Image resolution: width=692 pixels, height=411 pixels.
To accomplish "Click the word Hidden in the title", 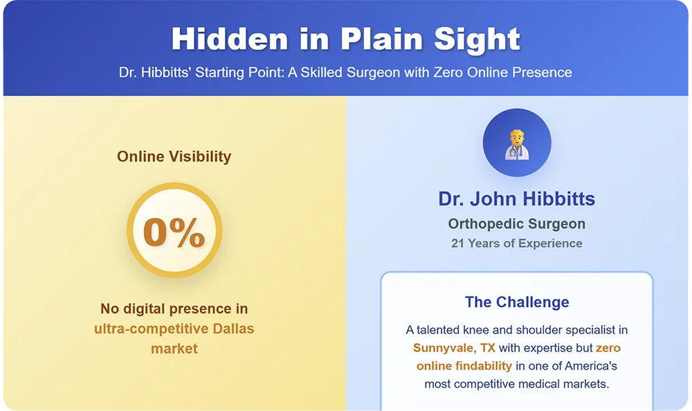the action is [230, 39].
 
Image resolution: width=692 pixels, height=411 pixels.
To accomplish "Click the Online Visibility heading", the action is [174, 156].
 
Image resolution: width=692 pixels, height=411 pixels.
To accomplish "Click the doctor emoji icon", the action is [517, 144].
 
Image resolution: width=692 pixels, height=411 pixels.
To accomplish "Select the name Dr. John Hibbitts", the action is [516, 199].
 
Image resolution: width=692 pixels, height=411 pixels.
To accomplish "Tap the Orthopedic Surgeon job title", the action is [516, 224].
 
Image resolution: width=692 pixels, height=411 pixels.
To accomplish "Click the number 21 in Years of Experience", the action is [457, 244].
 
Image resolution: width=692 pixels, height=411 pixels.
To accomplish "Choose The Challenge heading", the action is [517, 302].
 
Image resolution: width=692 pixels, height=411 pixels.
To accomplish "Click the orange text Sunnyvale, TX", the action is [454, 348].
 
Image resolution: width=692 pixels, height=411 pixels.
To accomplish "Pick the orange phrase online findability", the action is [464, 366].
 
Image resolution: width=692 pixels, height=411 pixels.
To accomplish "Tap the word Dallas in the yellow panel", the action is [233, 329].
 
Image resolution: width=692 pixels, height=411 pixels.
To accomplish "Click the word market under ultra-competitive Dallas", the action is [174, 349].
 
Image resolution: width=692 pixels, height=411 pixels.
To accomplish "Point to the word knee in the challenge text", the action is [475, 330].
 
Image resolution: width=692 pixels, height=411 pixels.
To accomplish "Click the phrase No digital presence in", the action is [174, 309].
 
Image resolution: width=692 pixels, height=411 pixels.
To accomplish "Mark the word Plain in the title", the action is [382, 39].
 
